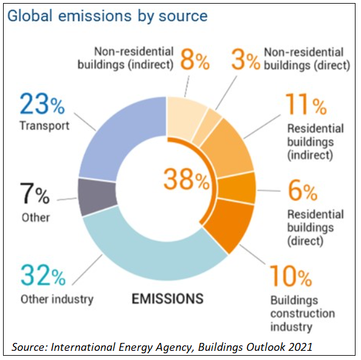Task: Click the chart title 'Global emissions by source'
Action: coord(108,15)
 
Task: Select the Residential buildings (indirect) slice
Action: coord(229,149)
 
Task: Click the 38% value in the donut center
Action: coord(186,180)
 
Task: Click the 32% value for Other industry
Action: coord(43,276)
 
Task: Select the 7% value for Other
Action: coord(34,195)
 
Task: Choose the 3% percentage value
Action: coord(246,60)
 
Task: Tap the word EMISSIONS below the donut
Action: coord(167,299)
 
